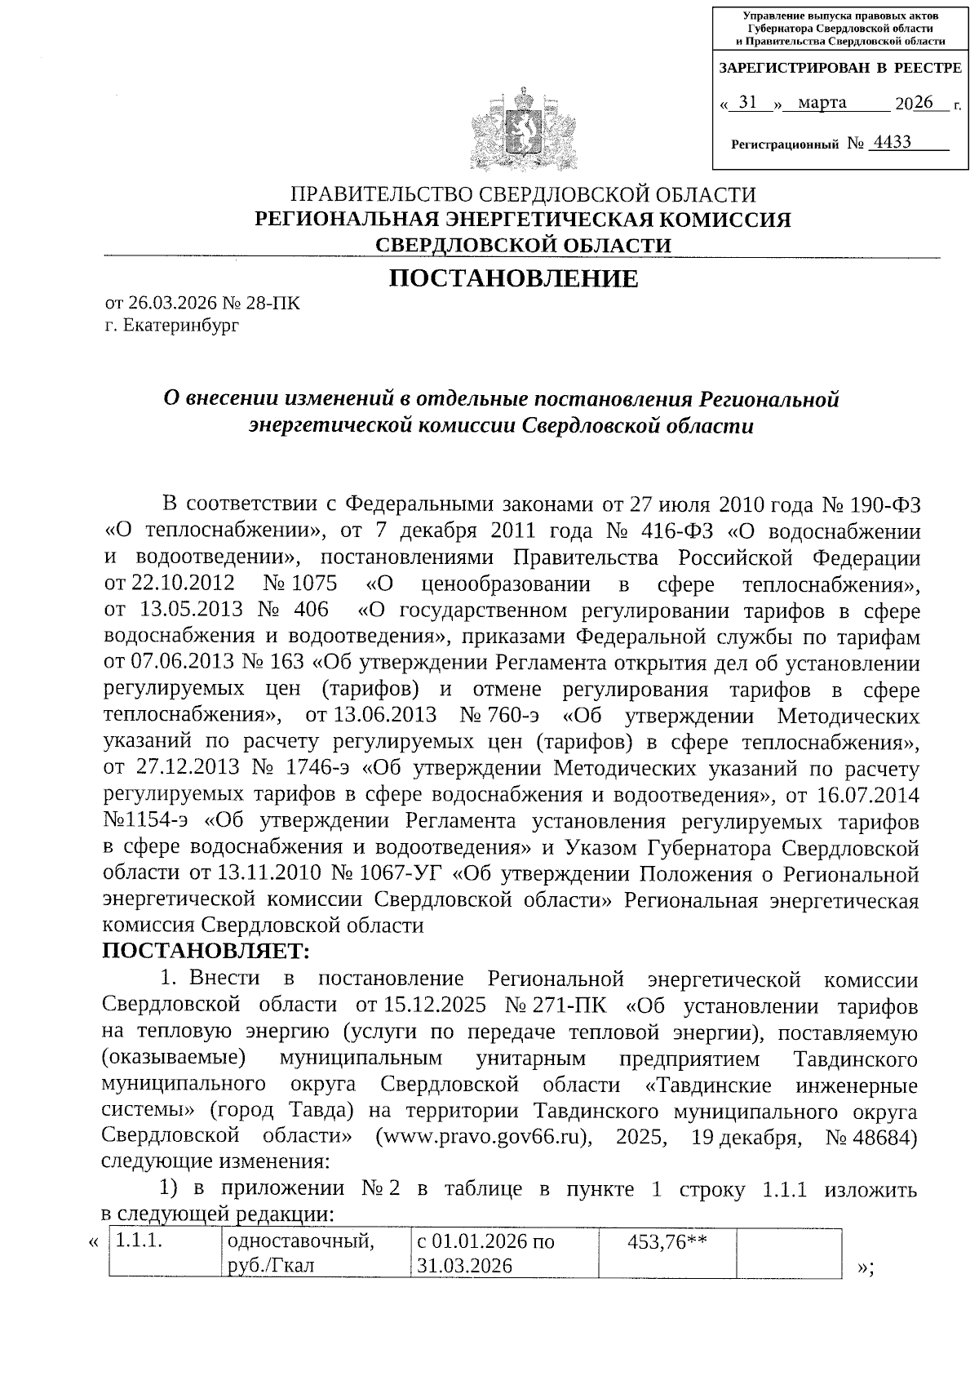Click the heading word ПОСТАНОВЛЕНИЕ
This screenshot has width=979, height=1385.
[513, 279]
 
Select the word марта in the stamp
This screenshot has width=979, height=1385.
[822, 103]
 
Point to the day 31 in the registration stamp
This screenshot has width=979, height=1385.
[747, 103]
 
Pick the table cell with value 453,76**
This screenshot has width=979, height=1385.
[667, 1242]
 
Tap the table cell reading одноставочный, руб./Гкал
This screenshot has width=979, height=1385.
[315, 1254]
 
